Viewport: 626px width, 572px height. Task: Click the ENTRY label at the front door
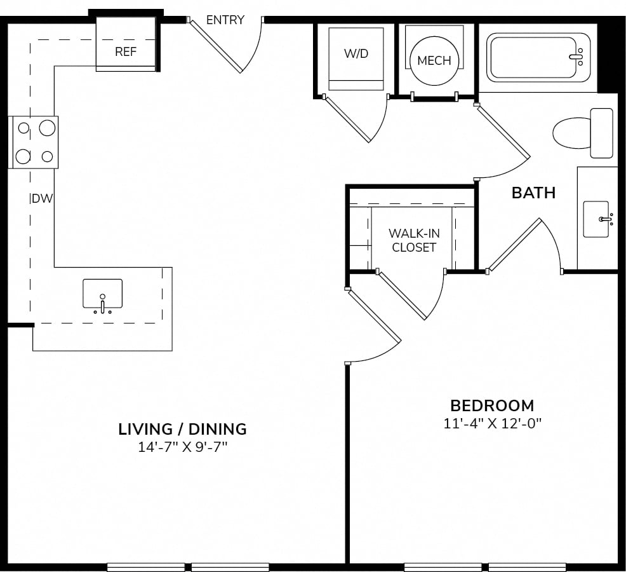click(225, 20)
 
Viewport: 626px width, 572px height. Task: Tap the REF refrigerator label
click(126, 51)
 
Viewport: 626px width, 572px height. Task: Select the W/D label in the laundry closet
click(356, 53)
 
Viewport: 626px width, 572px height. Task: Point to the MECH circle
click(434, 61)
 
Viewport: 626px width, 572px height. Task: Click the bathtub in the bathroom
click(538, 58)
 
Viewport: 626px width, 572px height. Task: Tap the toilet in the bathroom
click(583, 133)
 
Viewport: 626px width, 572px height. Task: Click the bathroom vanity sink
click(596, 219)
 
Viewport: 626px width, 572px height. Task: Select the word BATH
click(534, 193)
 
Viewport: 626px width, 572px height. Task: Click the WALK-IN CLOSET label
click(414, 240)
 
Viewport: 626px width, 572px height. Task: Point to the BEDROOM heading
click(492, 405)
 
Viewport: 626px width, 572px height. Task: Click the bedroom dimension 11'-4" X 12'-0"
click(492, 423)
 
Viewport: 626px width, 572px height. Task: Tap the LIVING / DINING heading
click(182, 429)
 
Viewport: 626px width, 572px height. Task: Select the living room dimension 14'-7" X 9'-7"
click(182, 447)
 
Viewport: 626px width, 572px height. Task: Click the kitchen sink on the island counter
click(103, 294)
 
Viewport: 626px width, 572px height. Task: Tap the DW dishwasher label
click(42, 198)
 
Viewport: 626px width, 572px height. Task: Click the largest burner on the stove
click(47, 128)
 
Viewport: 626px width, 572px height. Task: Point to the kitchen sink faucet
click(103, 304)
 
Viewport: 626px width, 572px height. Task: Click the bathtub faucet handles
click(578, 57)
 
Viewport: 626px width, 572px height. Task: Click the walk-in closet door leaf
click(402, 296)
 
